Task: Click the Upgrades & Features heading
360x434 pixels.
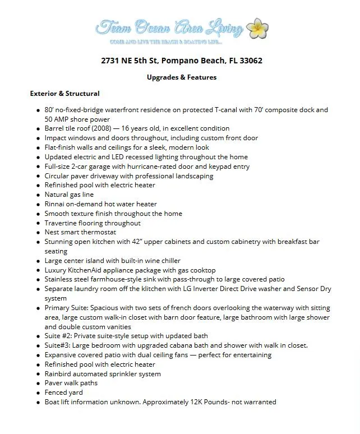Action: pos(181,77)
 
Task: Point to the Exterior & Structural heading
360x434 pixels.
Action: pos(64,94)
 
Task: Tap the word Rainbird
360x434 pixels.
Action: pos(60,374)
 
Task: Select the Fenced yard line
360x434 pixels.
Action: pos(63,393)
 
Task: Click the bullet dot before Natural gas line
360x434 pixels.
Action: pos(37,195)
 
